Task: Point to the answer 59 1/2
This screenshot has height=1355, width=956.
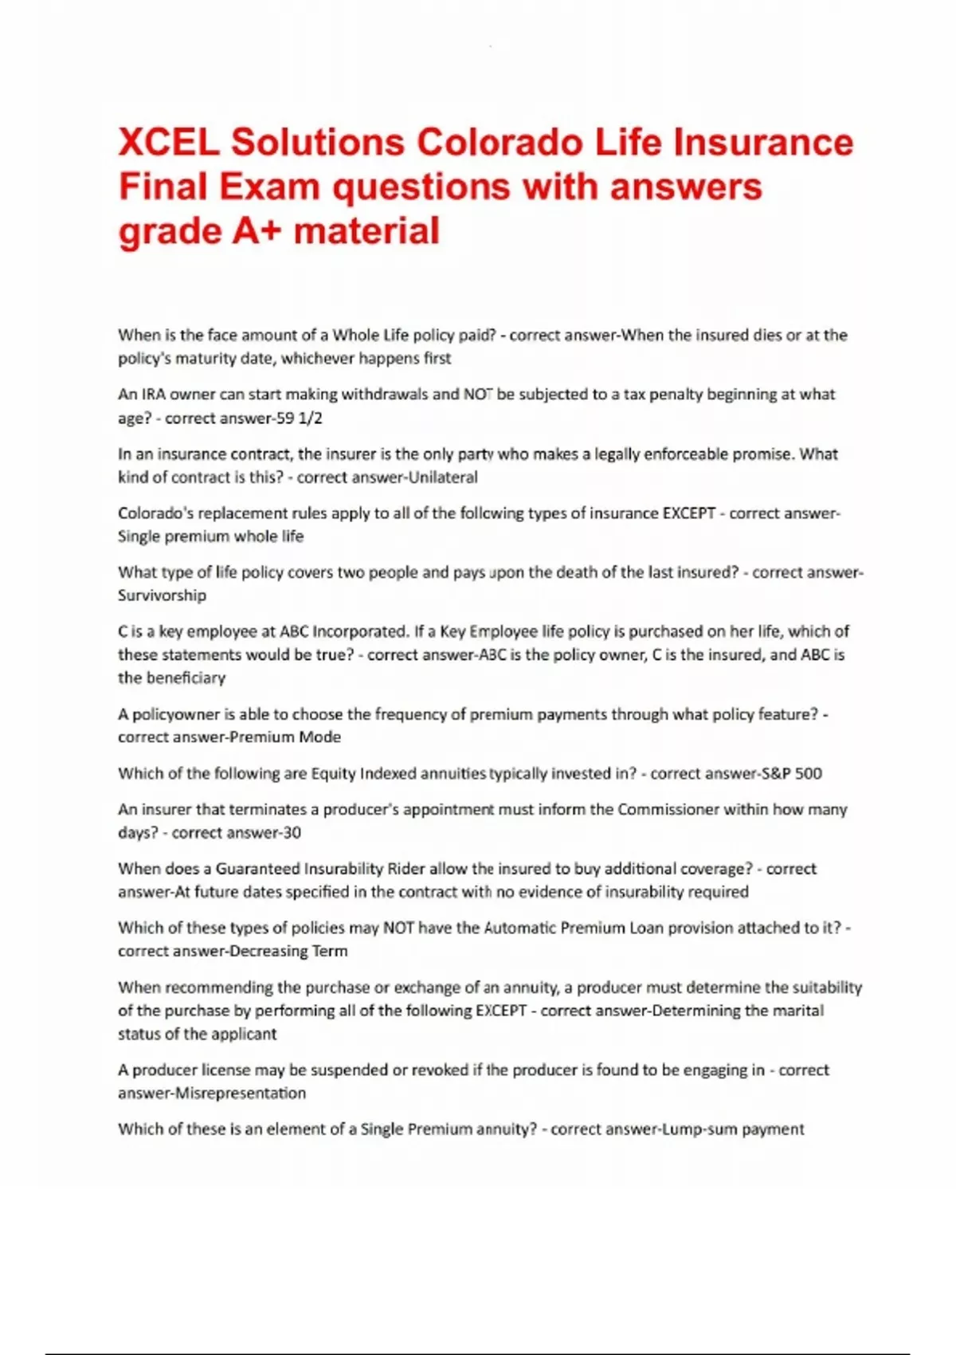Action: point(297,418)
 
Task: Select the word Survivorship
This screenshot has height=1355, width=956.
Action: point(162,595)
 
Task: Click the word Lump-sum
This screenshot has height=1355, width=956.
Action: point(692,1129)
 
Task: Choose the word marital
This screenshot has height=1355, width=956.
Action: point(799,1011)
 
